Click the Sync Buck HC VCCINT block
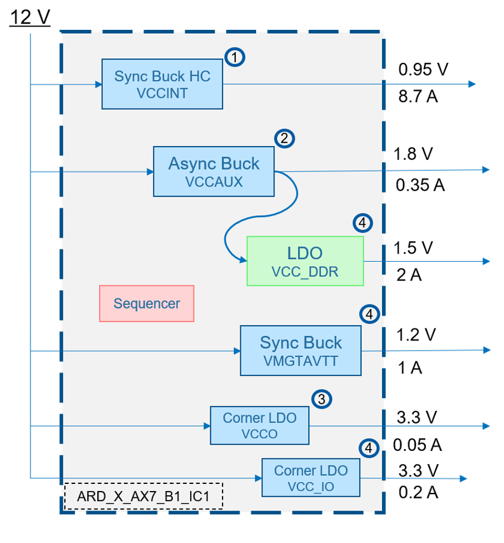(162, 84)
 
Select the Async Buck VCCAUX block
(214, 171)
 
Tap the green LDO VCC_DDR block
(305, 261)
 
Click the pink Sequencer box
(146, 304)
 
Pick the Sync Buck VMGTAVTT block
(300, 351)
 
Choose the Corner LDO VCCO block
(259, 426)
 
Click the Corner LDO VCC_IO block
(310, 478)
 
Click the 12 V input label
(29, 17)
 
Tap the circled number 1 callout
(235, 57)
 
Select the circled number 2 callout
(284, 138)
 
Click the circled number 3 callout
(322, 399)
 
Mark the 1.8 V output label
(413, 154)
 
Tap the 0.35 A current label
(420, 185)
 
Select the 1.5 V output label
(413, 247)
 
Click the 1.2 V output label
(414, 334)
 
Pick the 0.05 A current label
(417, 445)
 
